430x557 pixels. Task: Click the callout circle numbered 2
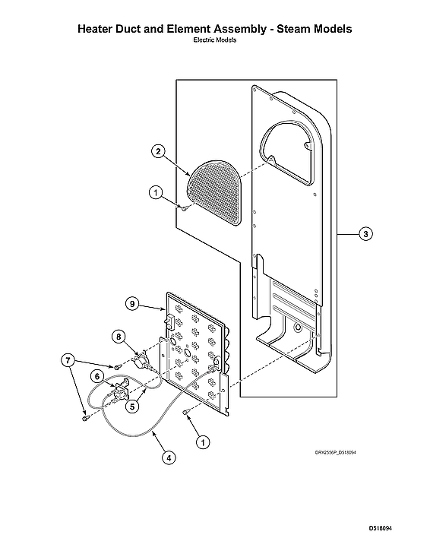tap(158, 151)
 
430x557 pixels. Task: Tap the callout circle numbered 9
tap(132, 303)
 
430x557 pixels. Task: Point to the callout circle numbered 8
tap(119, 336)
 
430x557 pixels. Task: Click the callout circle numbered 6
tap(97, 375)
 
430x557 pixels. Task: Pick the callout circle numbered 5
tap(132, 407)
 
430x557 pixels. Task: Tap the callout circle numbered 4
tap(168, 457)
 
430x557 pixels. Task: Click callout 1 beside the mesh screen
tap(155, 194)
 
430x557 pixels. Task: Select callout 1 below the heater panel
tap(202, 440)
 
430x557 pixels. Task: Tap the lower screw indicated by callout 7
tap(84, 416)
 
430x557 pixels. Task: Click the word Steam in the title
tap(287, 29)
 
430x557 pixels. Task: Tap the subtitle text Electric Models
tap(215, 40)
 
